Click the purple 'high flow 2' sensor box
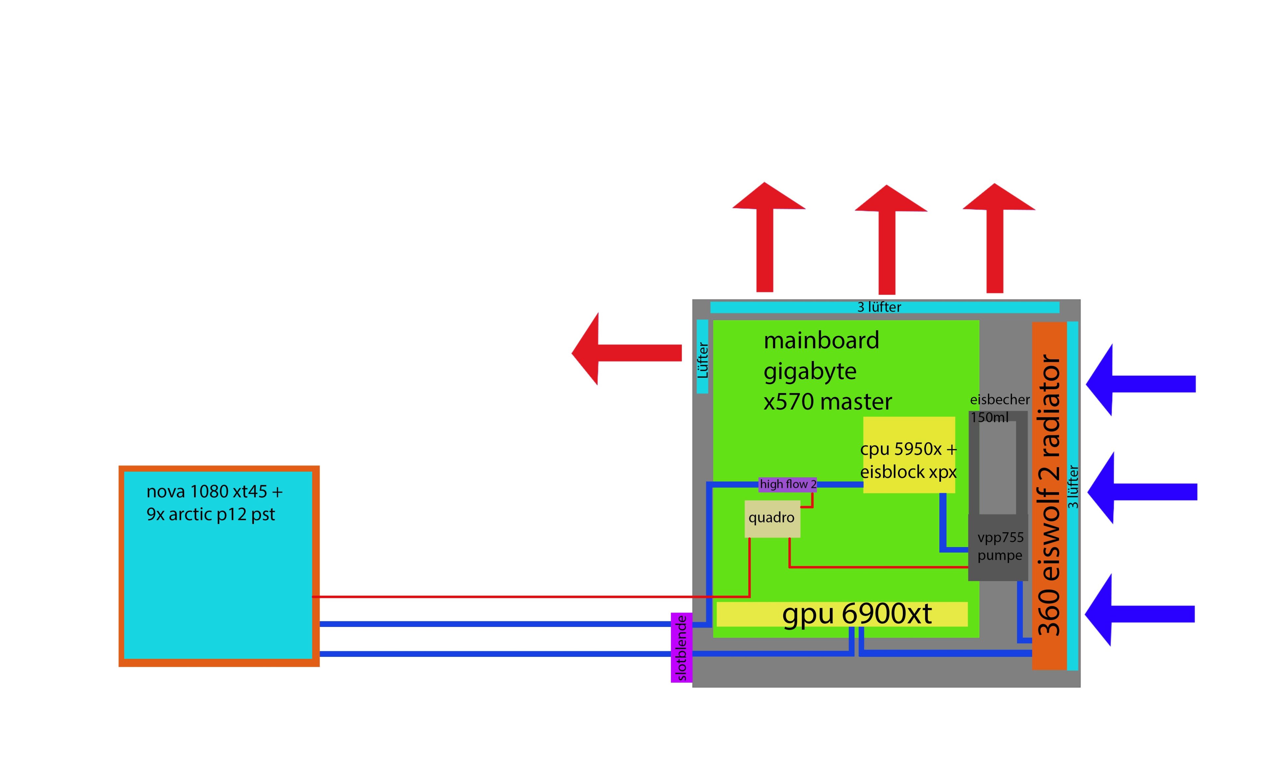click(x=787, y=484)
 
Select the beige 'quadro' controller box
click(x=772, y=518)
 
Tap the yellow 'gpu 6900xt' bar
click(x=842, y=614)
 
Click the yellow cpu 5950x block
click(x=909, y=455)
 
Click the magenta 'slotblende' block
click(x=681, y=648)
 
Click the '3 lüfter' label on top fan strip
click(x=879, y=307)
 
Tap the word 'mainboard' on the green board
click(x=821, y=340)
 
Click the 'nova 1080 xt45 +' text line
click(x=214, y=492)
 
